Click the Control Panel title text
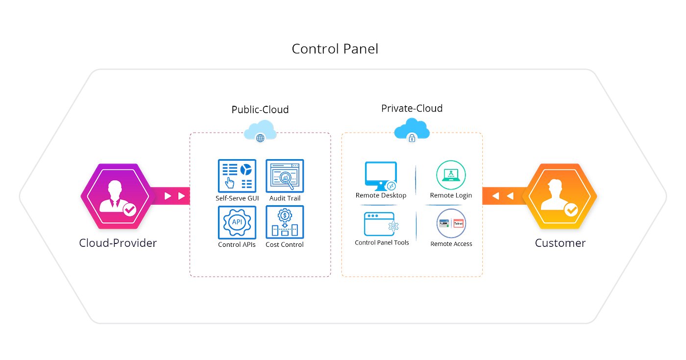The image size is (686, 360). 335,49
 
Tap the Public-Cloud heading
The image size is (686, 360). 260,110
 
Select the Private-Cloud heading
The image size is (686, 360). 412,108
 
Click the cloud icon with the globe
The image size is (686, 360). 260,132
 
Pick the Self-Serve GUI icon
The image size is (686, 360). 237,175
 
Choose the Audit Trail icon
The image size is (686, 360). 285,175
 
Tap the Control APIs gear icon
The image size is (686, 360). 237,222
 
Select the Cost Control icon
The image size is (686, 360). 285,222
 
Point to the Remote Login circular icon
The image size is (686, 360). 451,175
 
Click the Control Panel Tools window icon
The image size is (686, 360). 380,224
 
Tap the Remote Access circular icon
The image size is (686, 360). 451,224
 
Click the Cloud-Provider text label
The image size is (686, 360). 118,243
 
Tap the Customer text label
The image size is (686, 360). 560,243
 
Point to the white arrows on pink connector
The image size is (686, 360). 175,196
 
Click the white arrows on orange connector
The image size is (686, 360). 503,196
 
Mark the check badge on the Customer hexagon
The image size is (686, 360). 571,210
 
